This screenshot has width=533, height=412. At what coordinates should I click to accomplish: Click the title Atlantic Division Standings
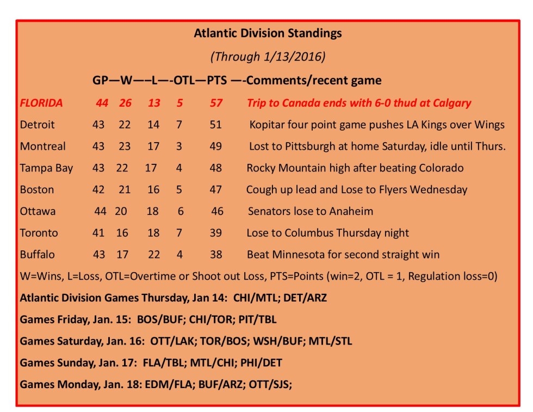268,33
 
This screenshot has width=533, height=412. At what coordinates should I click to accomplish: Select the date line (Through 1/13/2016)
268,57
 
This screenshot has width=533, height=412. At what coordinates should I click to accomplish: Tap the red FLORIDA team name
41,103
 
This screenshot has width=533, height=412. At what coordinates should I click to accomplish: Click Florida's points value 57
216,103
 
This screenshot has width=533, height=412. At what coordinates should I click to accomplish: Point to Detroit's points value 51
216,125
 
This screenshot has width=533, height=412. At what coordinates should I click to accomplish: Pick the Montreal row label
43,146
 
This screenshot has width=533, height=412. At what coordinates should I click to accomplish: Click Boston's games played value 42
98,189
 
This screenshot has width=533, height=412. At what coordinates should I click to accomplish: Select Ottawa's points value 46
217,211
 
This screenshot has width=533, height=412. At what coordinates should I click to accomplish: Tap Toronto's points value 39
216,233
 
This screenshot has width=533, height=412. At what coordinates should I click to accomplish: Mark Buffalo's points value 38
216,254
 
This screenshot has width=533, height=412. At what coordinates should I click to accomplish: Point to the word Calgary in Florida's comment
450,103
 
